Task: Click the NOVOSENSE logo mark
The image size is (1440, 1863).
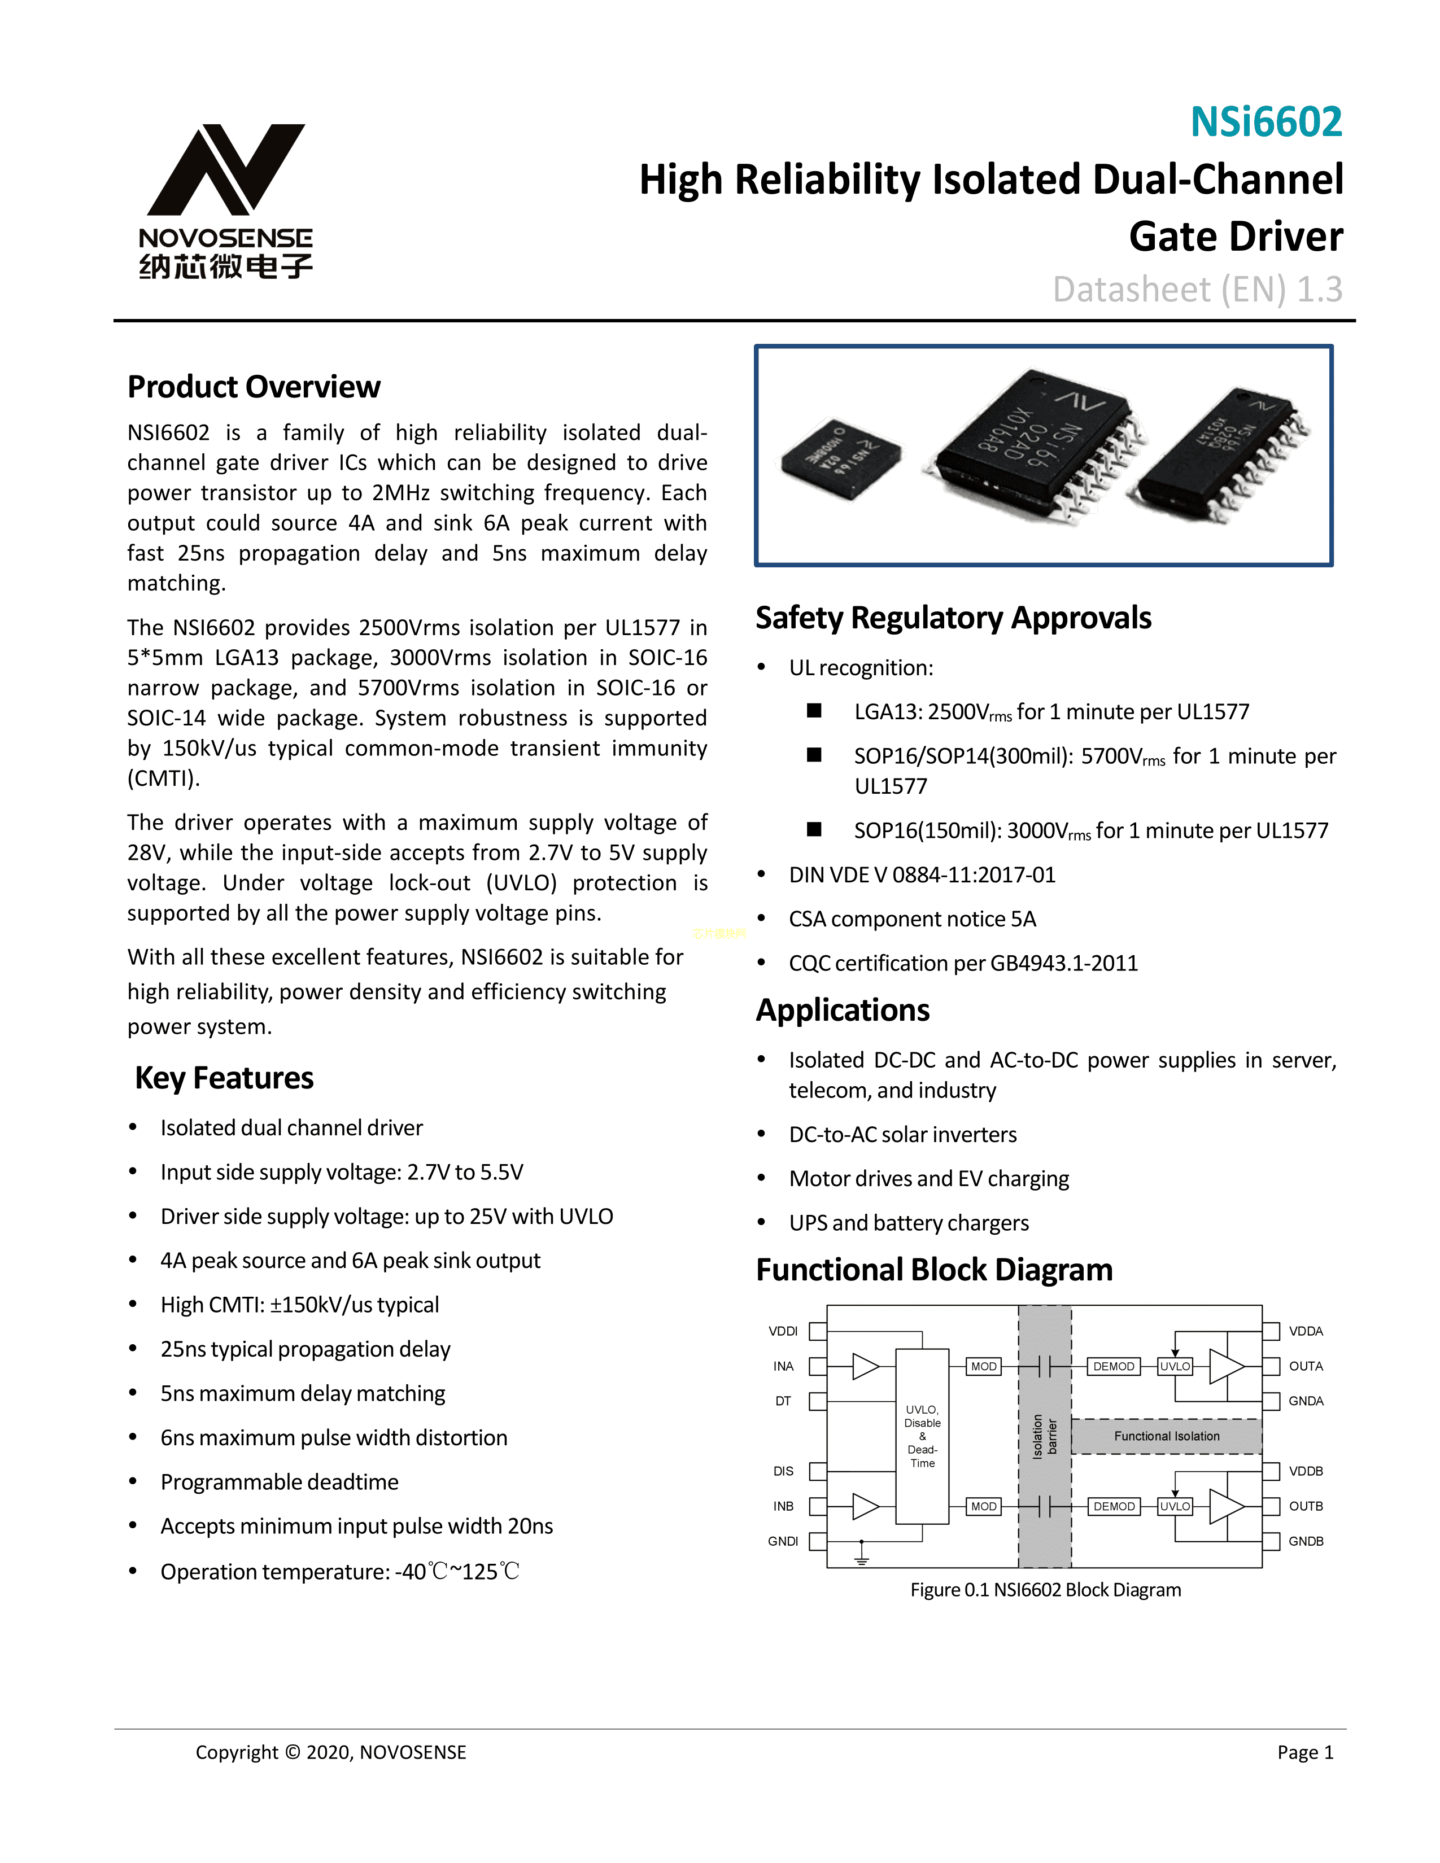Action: (226, 170)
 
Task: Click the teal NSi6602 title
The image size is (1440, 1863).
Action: (1266, 122)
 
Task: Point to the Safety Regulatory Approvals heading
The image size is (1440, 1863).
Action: (953, 618)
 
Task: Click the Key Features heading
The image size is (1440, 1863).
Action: (224, 1078)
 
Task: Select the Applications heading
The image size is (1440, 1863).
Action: (842, 1010)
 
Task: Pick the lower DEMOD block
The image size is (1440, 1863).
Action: (1113, 1506)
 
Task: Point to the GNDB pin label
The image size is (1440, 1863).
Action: (1305, 1541)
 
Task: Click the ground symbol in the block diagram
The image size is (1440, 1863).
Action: (862, 1558)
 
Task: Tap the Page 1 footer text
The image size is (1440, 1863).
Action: (1304, 1752)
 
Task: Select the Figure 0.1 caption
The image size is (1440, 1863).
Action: (1045, 1590)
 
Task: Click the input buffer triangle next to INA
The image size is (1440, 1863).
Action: (865, 1367)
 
